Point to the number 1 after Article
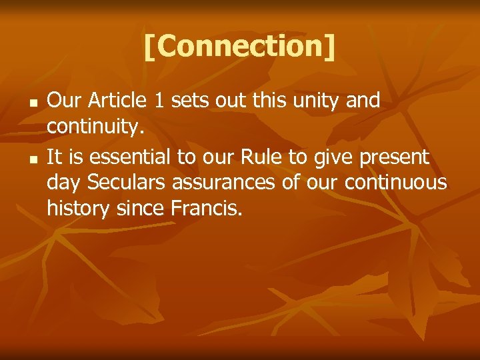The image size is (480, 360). point(159,101)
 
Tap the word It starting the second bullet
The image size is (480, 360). point(55,157)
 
